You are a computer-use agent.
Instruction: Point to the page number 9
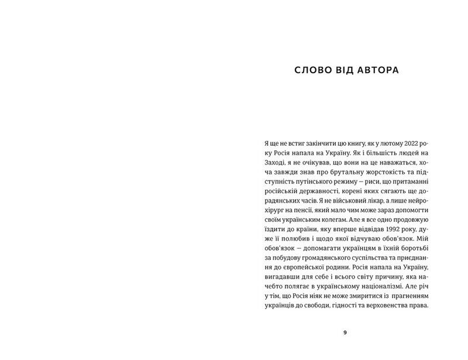(345, 332)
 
